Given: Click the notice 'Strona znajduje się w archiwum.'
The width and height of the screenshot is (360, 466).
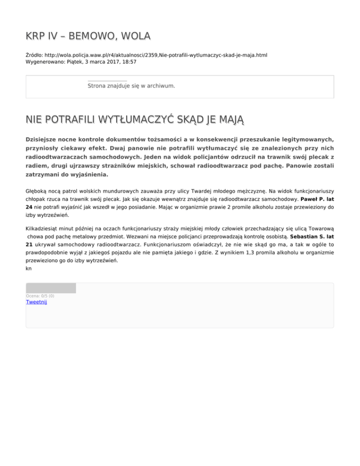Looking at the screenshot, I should pos(131,86).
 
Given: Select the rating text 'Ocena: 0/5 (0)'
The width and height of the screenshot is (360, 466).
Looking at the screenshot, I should pos(40,296).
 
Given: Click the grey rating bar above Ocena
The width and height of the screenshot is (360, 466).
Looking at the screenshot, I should pos(51,288).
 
